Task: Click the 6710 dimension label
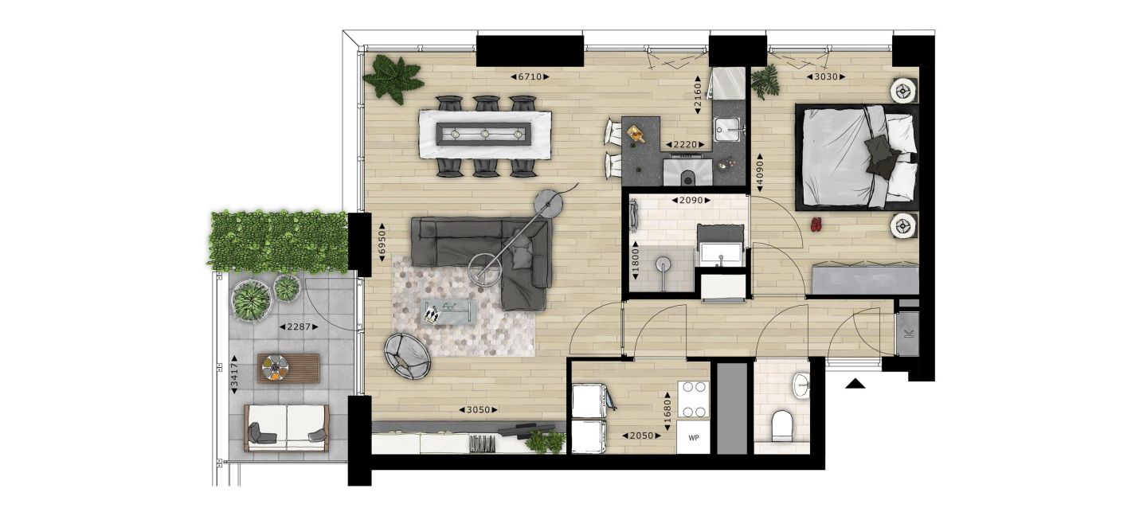pyautogui.click(x=530, y=76)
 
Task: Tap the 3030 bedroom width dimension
pyautogui.click(x=826, y=76)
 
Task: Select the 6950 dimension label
pyautogui.click(x=382, y=242)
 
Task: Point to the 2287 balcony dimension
pyautogui.click(x=299, y=326)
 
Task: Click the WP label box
pyautogui.click(x=693, y=438)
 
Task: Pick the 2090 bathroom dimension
pyautogui.click(x=691, y=200)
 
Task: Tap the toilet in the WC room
pyautogui.click(x=781, y=426)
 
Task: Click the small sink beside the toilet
pyautogui.click(x=801, y=385)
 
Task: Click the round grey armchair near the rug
pyautogui.click(x=408, y=356)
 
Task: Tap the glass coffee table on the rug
pyautogui.click(x=448, y=312)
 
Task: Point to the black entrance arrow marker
pyautogui.click(x=855, y=384)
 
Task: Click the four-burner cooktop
pyautogui.click(x=694, y=399)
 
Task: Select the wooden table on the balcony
pyautogui.click(x=288, y=368)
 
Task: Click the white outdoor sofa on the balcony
pyautogui.click(x=286, y=428)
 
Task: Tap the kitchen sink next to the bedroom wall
pyautogui.click(x=727, y=130)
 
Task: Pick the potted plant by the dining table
pyautogui.click(x=393, y=79)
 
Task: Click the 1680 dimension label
pyautogui.click(x=667, y=411)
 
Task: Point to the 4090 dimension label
pyautogui.click(x=760, y=173)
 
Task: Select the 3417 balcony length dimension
pyautogui.click(x=234, y=375)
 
